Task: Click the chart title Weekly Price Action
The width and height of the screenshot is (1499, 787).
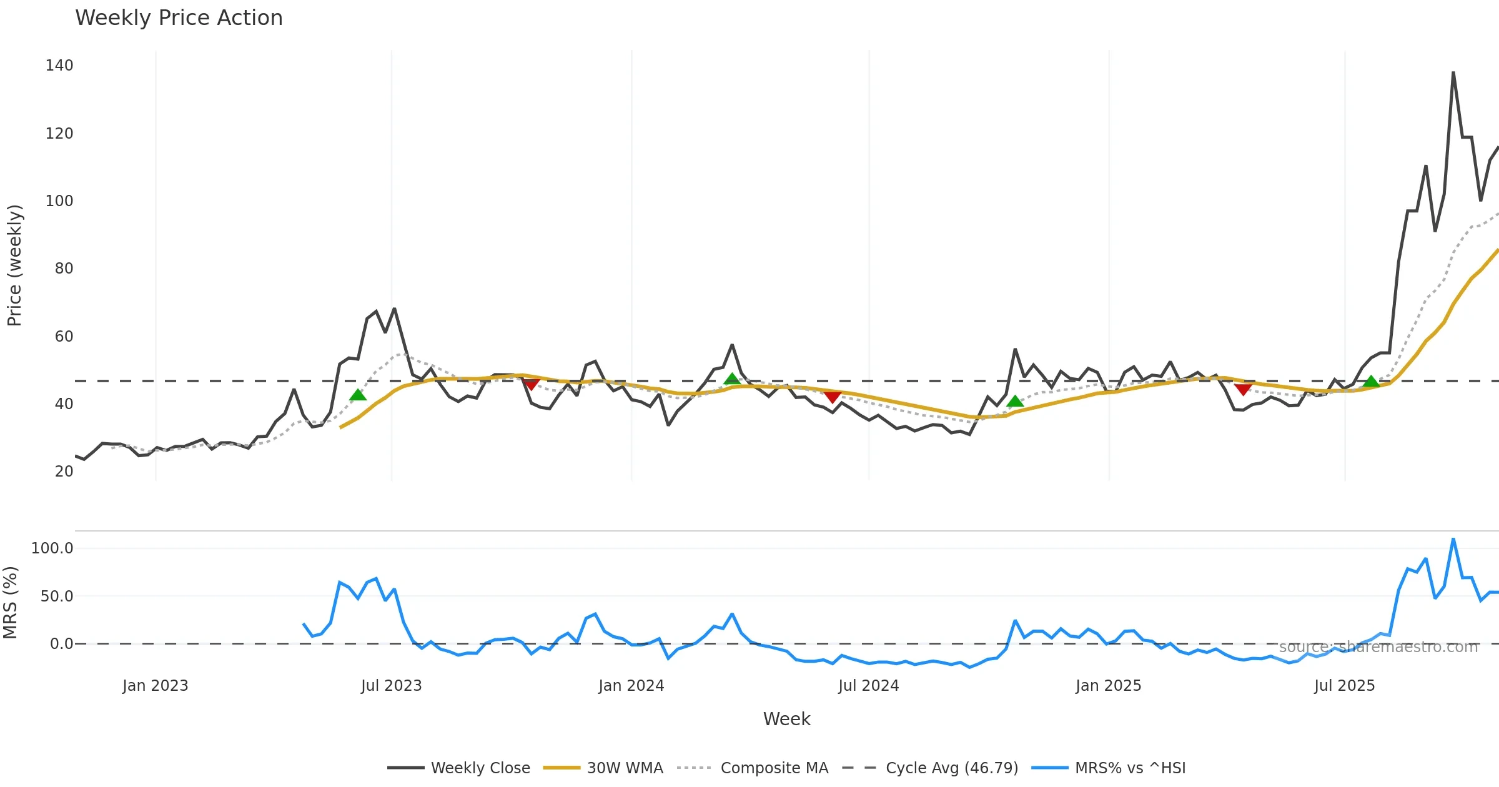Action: (179, 18)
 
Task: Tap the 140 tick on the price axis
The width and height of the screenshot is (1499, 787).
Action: (59, 66)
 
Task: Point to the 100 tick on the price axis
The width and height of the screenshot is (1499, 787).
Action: (59, 201)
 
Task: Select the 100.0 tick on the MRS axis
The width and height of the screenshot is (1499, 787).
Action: (52, 548)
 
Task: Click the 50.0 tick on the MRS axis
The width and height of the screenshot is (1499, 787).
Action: (57, 596)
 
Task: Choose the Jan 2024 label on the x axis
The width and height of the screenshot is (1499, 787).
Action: (631, 686)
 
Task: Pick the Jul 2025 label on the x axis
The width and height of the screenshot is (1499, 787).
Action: (1344, 686)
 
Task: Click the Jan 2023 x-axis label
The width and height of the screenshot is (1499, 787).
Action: (155, 686)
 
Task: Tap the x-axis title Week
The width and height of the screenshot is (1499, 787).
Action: (786, 720)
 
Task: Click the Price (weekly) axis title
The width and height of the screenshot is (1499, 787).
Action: (14, 265)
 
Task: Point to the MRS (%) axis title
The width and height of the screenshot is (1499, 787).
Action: (10, 603)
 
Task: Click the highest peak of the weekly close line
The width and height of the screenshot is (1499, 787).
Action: (1453, 72)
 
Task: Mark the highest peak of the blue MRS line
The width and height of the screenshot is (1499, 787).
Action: (1453, 538)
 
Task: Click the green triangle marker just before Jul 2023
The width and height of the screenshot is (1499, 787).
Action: (357, 395)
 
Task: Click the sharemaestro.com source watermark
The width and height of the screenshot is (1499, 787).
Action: (1378, 647)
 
